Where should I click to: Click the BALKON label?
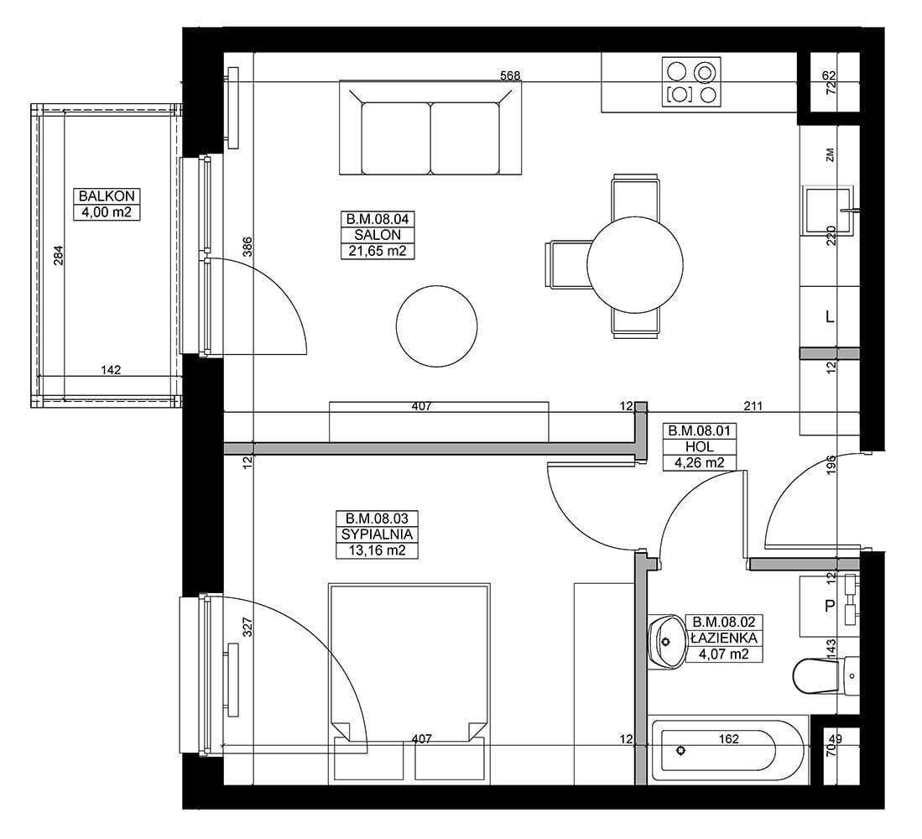[x=107, y=195]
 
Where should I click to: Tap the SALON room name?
[x=378, y=235]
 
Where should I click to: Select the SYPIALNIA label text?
[x=377, y=534]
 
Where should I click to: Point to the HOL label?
[x=699, y=447]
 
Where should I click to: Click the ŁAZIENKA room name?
[x=725, y=638]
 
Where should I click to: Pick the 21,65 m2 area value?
[x=378, y=251]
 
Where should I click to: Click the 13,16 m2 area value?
[x=377, y=550]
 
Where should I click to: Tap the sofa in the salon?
[x=430, y=128]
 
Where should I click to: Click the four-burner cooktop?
[x=691, y=81]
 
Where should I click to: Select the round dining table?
[x=635, y=264]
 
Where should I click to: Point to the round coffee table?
[x=436, y=326]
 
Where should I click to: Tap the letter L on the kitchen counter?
[x=830, y=317]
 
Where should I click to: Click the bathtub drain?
[x=681, y=750]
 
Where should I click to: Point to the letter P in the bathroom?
[x=830, y=606]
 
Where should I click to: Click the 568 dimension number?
[x=510, y=76]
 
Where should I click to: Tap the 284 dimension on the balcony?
[x=58, y=255]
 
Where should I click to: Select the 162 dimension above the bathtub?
[x=728, y=738]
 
